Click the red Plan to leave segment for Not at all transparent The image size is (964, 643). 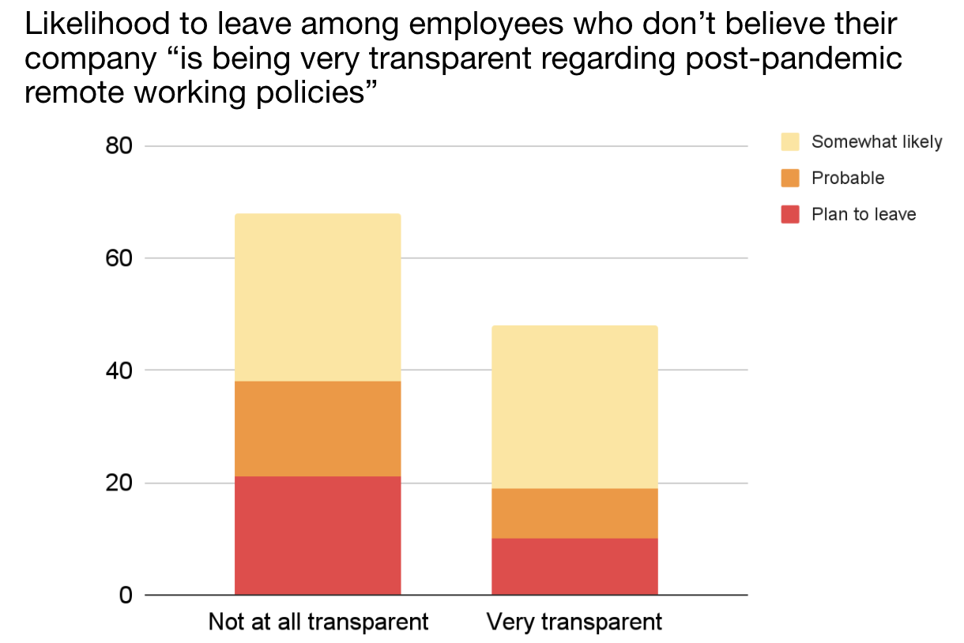coord(318,535)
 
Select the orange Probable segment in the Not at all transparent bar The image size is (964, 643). coord(318,428)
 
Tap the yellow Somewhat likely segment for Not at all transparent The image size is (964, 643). coord(318,297)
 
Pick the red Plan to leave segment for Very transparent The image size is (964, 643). coord(574,566)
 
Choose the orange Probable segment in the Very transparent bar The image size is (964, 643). coord(574,513)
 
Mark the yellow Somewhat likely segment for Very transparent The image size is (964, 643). coord(574,407)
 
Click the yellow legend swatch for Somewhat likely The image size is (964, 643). coord(790,142)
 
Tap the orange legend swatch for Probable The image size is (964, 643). coord(790,179)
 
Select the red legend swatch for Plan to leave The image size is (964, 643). coord(790,214)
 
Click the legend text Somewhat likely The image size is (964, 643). coord(876,142)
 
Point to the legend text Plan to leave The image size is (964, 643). coord(863,214)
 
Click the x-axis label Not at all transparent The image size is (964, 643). coord(318,622)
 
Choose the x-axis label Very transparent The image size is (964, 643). coord(574,622)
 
